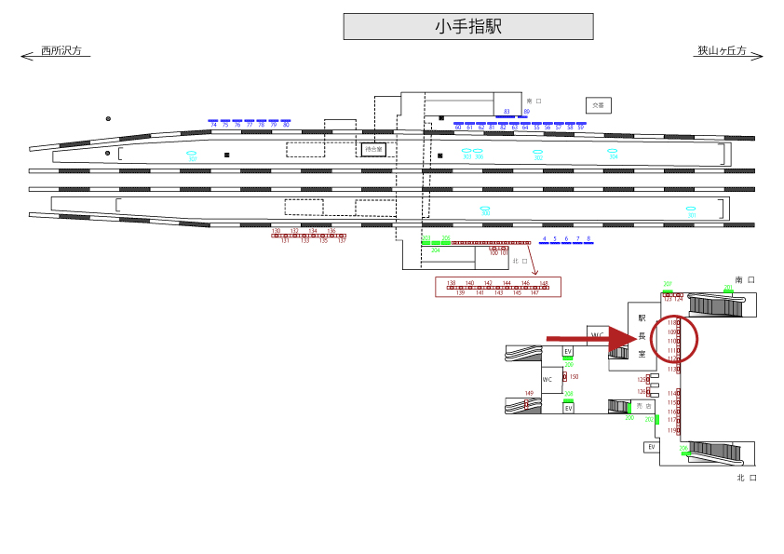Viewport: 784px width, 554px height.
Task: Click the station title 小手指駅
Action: (x=467, y=27)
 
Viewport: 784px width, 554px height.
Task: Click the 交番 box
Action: (x=598, y=105)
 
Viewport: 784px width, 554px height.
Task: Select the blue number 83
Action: (x=507, y=112)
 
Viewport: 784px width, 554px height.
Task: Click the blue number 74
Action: (x=213, y=126)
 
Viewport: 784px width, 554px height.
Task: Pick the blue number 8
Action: (x=588, y=238)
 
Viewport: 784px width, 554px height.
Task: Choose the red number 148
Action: (x=544, y=282)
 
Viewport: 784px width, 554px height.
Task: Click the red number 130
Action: (x=276, y=230)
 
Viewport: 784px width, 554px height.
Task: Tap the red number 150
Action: (x=574, y=377)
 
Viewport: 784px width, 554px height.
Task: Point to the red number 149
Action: (x=529, y=394)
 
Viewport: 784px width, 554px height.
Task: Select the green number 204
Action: (x=435, y=250)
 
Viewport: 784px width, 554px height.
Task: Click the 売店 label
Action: (x=642, y=407)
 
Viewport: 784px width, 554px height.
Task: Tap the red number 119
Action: (x=672, y=431)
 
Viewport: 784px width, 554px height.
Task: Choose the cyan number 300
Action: (x=485, y=214)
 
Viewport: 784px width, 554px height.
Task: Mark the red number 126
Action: (x=642, y=392)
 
